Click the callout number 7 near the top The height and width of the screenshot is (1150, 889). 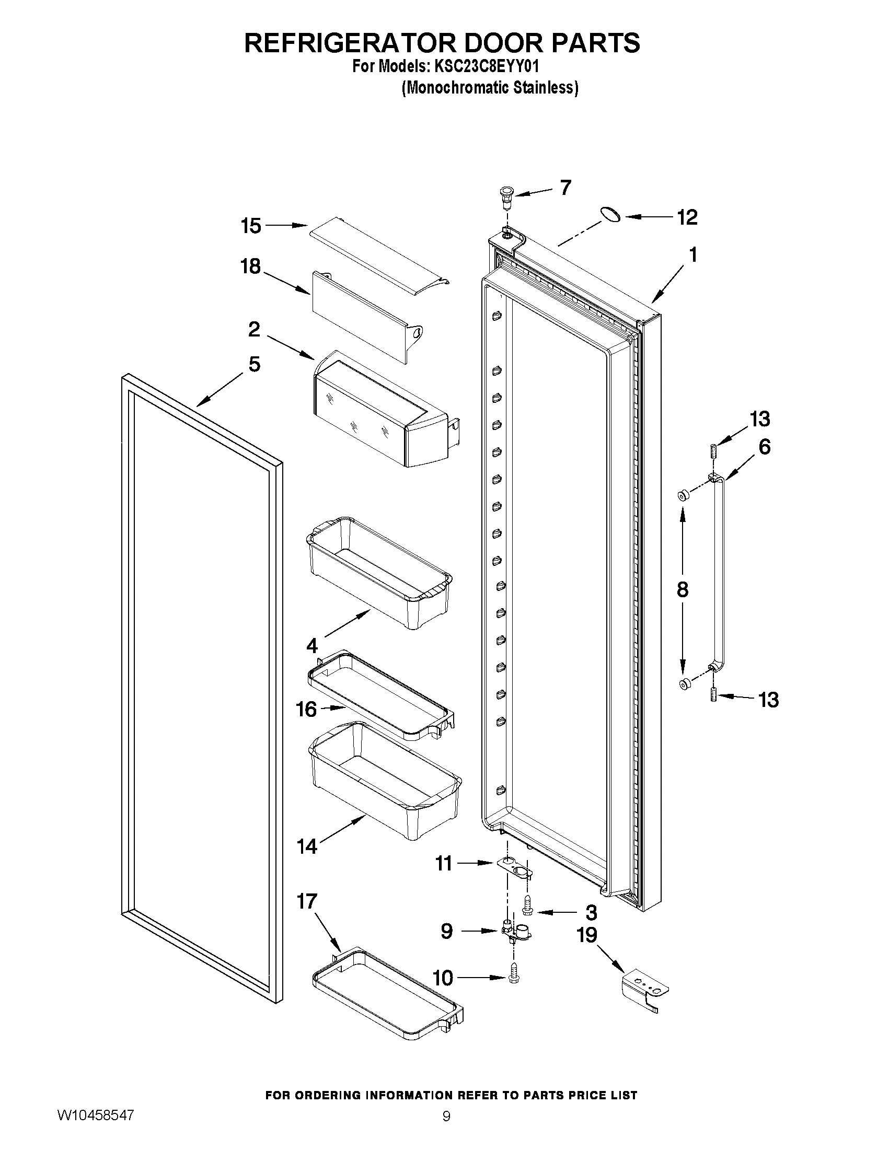[565, 188]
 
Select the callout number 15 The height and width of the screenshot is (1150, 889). [251, 226]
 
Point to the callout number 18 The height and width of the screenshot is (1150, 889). [251, 266]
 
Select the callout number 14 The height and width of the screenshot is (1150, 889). [307, 847]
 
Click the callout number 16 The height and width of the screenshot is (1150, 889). [306, 710]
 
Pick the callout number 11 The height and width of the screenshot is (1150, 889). [443, 864]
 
